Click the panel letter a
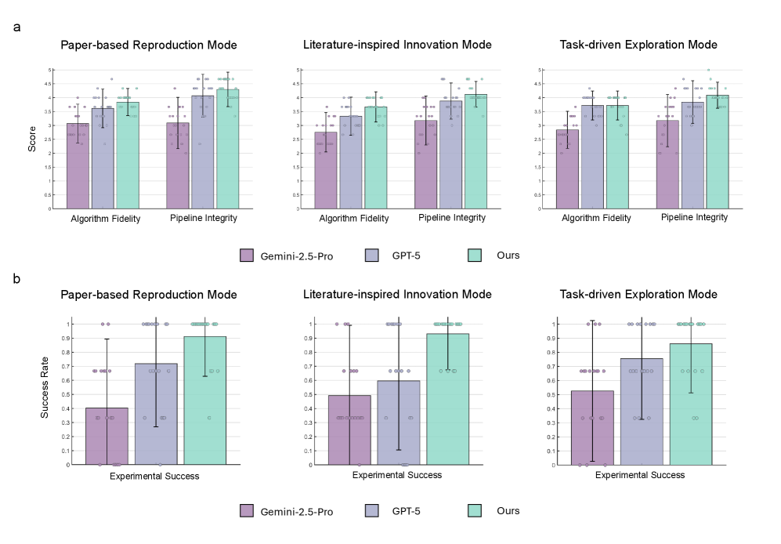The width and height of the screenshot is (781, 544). (x=17, y=27)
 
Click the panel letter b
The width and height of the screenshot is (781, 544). (x=17, y=277)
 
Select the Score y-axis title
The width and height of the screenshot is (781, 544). (x=32, y=139)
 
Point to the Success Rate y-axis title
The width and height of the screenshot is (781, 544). (x=44, y=393)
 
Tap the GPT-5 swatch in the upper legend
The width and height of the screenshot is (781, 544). (x=373, y=255)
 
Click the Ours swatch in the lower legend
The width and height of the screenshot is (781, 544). (x=474, y=510)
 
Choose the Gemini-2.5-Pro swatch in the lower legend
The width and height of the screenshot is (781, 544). (x=247, y=511)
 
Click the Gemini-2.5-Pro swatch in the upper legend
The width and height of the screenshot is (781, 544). (x=247, y=255)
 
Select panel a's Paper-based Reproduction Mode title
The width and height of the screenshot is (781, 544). (x=149, y=45)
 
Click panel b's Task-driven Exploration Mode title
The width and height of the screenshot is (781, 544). (x=638, y=295)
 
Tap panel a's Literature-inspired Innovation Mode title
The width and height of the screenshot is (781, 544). (x=397, y=45)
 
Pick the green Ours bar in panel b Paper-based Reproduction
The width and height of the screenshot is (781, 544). (x=204, y=400)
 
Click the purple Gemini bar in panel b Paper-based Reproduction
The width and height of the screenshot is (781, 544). (x=107, y=436)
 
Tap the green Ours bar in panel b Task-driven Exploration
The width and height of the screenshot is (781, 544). (x=690, y=404)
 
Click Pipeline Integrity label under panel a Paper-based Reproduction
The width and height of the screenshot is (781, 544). (x=204, y=219)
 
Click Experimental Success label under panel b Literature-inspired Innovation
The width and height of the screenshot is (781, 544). (x=397, y=475)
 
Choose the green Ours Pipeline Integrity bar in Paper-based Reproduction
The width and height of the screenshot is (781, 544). (x=228, y=149)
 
